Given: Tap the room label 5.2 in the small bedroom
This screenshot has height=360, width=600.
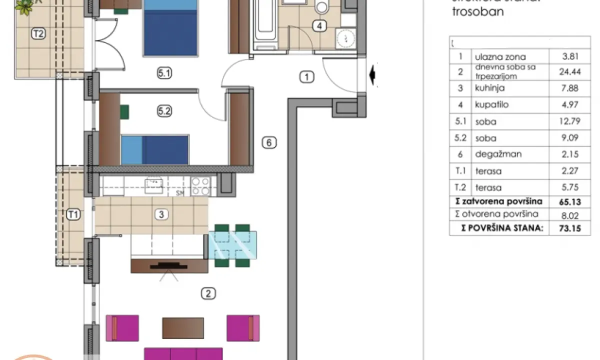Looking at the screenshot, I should (x=164, y=112).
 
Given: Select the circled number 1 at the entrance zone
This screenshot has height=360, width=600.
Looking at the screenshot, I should (x=307, y=77).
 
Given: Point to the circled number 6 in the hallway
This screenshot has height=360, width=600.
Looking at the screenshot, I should (x=268, y=143).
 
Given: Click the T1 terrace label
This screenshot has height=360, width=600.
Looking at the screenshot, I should (x=73, y=215).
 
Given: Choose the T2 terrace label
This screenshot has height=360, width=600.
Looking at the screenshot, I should (x=38, y=34).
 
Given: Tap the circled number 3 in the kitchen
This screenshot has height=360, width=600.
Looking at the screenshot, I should (x=160, y=214).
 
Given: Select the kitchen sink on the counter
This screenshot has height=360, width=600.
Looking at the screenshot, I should (x=153, y=185).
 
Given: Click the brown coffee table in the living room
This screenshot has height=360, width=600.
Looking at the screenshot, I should (x=183, y=328).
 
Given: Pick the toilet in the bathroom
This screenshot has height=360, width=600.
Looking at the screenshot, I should (x=322, y=7).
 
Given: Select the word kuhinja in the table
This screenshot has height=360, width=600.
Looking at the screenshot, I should (x=489, y=88).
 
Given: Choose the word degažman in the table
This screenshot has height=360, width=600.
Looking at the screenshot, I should (x=498, y=154).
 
